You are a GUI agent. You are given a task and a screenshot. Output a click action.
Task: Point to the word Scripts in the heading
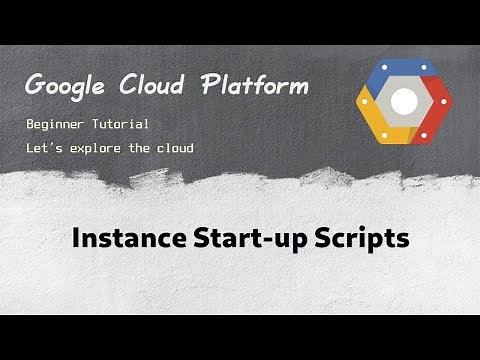[360, 241]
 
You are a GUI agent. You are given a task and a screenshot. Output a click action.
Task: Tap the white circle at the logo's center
[404, 101]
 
